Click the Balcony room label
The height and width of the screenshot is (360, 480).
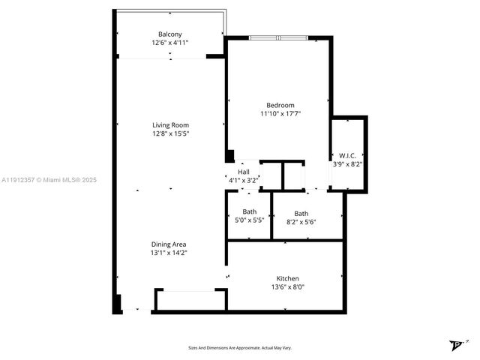(169, 34)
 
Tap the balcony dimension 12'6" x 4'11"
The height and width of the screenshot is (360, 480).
(169, 43)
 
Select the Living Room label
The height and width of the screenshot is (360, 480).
(170, 125)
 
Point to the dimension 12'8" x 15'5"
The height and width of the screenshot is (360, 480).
(170, 134)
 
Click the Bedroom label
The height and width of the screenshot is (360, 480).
(280, 105)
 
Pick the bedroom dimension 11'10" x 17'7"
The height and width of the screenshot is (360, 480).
(280, 114)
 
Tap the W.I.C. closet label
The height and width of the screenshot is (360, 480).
(347, 155)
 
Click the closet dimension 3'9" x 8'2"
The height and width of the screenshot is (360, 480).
(347, 163)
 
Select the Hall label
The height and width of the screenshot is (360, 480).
(244, 172)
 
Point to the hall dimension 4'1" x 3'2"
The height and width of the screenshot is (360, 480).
(244, 180)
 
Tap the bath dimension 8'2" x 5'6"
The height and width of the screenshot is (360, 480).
(301, 222)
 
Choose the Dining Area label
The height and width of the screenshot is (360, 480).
(169, 244)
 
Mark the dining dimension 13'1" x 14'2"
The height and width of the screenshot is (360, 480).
(169, 253)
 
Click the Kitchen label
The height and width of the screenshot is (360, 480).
(287, 277)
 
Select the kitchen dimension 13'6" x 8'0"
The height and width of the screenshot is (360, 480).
(287, 286)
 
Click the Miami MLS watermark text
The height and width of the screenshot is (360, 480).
(49, 180)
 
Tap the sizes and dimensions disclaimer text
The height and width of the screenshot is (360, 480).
(240, 348)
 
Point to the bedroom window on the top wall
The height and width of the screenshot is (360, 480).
(277, 37)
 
